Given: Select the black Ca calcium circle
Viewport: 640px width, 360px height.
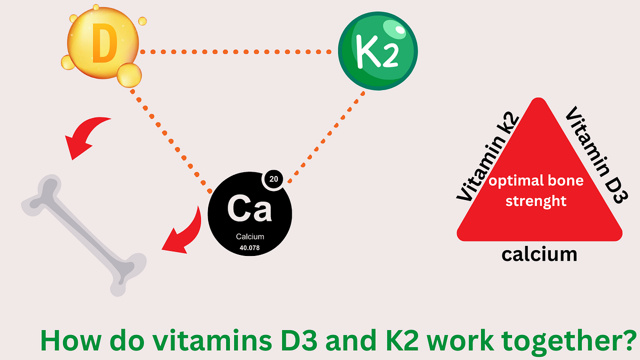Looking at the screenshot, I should point(250,213).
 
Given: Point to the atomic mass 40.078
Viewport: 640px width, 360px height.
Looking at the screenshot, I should point(250,247).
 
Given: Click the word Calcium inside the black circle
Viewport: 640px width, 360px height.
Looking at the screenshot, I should point(250,237).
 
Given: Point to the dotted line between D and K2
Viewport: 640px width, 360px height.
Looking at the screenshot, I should point(237,52).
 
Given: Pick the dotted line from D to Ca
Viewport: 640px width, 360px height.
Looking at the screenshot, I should point(171,139).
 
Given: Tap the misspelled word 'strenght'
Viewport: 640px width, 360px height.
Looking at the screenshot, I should point(535,202).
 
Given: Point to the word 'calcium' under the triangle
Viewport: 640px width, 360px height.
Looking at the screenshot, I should point(539,254).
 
